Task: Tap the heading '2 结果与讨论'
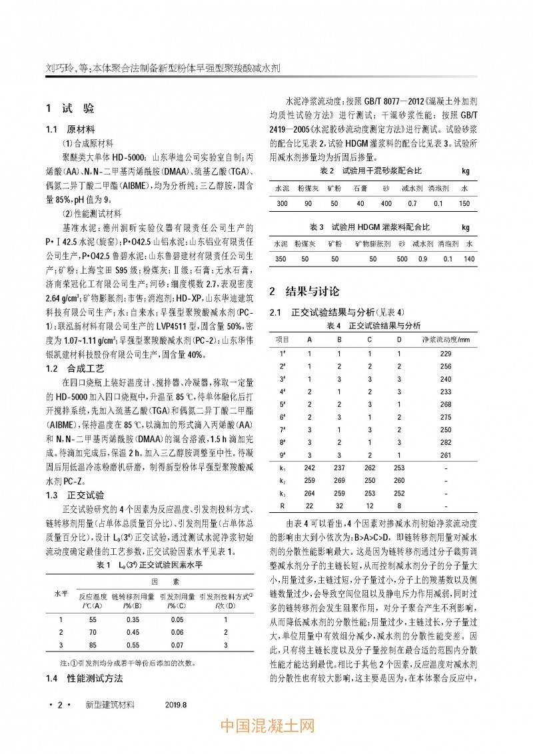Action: (303, 291)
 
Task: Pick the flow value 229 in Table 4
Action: (446, 352)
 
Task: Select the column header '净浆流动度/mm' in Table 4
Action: (446, 339)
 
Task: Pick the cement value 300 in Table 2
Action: (282, 203)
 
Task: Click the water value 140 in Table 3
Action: (468, 258)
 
